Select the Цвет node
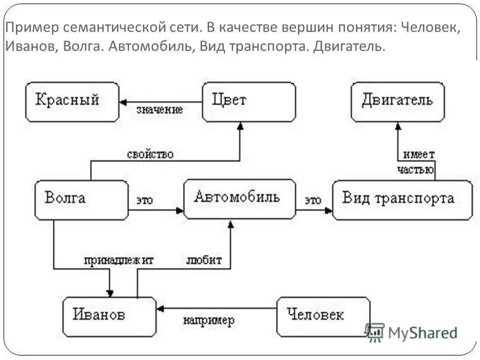(x=248, y=102)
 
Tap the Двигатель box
(x=397, y=102)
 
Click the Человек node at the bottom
(x=323, y=316)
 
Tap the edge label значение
(x=160, y=110)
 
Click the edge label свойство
(x=150, y=154)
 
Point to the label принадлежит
(x=119, y=260)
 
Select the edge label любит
(x=204, y=260)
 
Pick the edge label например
(x=209, y=320)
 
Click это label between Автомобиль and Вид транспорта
(x=313, y=199)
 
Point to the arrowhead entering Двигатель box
(x=397, y=125)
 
